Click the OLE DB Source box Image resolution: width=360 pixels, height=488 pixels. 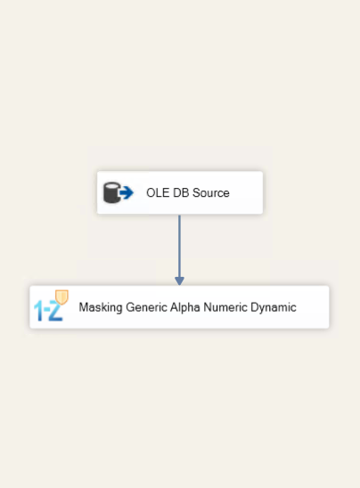coord(180,192)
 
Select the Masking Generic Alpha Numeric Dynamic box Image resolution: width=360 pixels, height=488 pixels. coord(179,307)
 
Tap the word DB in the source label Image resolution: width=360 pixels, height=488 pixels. coord(181,192)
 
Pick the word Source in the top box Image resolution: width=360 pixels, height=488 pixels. coord(211,192)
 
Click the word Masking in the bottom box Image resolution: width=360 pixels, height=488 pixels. coord(101,307)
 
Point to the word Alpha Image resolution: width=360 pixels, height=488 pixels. coord(185,307)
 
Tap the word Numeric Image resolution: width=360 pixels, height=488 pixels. coord(225,307)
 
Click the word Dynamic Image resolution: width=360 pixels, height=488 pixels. coord(274,307)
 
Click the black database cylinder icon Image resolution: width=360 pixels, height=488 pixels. coord(111,192)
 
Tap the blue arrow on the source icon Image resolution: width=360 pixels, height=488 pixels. coord(127,192)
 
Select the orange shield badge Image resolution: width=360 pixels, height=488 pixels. coord(61,297)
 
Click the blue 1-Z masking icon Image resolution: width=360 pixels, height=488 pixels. coord(51,305)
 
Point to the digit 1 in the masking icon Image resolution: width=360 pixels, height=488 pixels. coord(38,310)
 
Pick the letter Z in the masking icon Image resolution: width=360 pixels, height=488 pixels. coord(55,311)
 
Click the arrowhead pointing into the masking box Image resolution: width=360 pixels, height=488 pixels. coord(179,281)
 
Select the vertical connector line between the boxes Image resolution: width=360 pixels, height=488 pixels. coord(179,246)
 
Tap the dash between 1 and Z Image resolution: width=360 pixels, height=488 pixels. coord(45,310)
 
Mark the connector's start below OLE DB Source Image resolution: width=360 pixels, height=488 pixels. coord(179,216)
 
